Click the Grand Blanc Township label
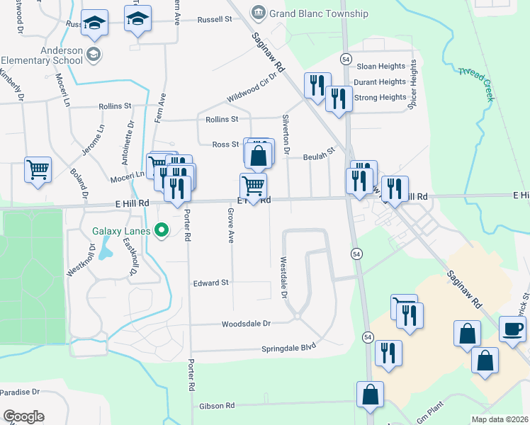[x=318, y=13]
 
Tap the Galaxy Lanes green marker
[x=162, y=229]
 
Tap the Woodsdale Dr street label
[x=247, y=324]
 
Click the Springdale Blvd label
[x=288, y=348]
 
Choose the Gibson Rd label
[x=217, y=406]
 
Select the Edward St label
[x=211, y=283]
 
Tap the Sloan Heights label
[x=380, y=66]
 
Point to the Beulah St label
[x=318, y=159]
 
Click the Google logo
[x=23, y=416]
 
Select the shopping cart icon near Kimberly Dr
[x=38, y=170]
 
